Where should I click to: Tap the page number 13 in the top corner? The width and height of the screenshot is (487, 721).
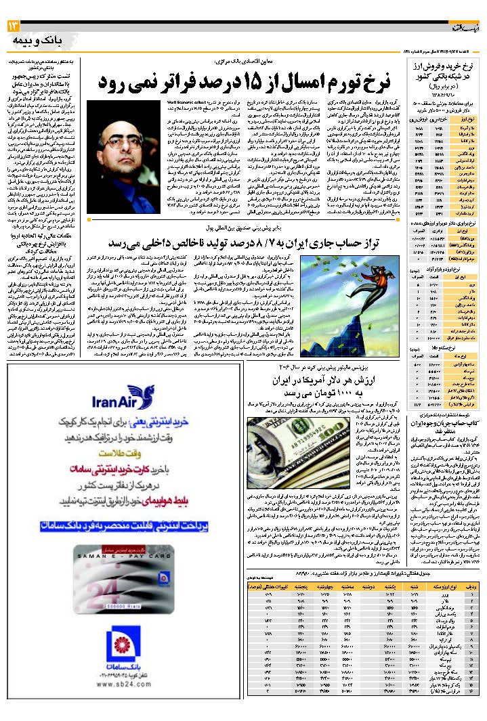point(14,26)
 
